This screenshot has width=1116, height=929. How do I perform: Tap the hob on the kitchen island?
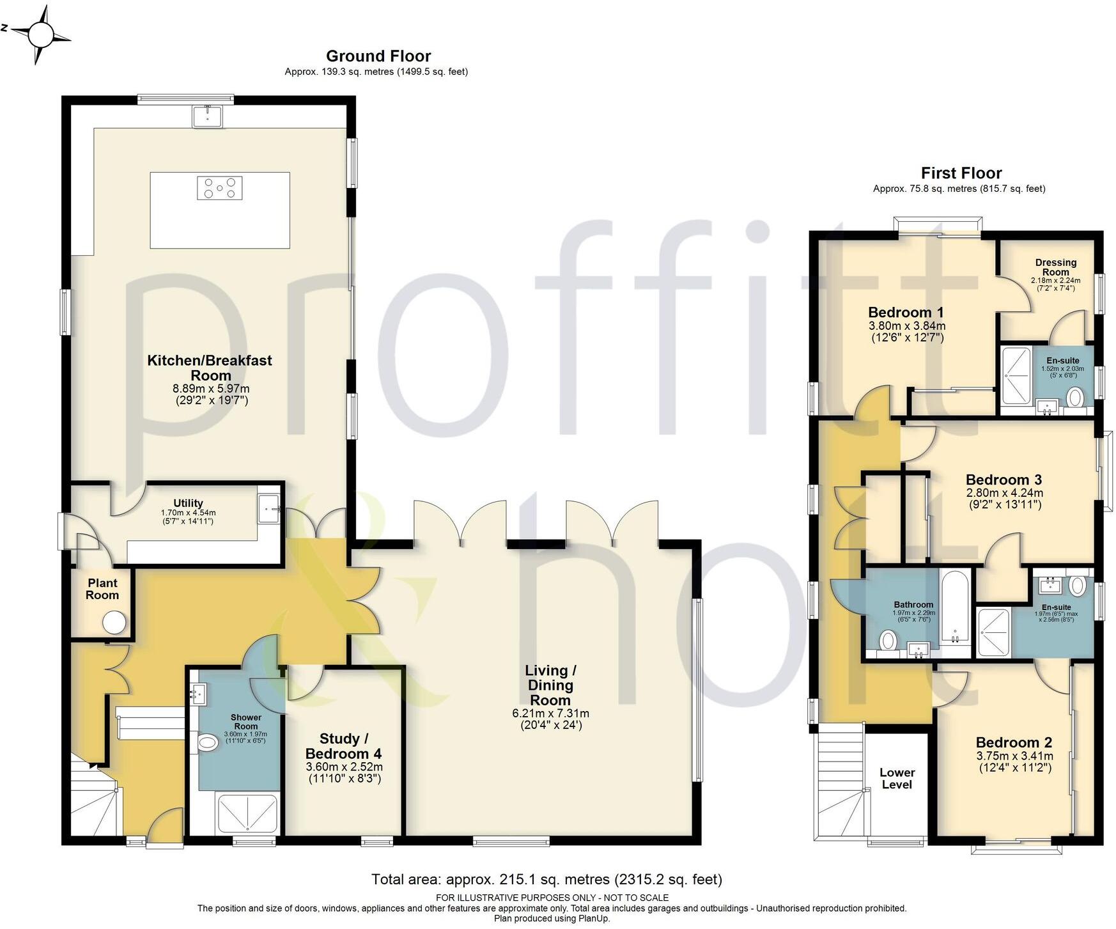click(219, 188)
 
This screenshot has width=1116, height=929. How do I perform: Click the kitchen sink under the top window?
click(207, 116)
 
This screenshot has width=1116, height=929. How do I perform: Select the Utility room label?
click(188, 503)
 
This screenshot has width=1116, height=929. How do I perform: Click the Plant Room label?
click(102, 589)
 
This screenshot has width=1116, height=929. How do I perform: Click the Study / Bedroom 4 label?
click(343, 746)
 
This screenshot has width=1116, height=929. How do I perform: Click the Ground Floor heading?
click(378, 56)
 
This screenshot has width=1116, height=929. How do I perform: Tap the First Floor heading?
click(961, 173)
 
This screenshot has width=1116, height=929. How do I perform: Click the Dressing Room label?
click(1055, 267)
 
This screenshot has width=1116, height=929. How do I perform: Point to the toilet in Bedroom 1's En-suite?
click(1074, 398)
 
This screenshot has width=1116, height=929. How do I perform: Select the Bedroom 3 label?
click(1004, 480)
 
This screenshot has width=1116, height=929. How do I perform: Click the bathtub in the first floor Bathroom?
click(955, 607)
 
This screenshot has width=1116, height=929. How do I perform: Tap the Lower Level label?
click(897, 778)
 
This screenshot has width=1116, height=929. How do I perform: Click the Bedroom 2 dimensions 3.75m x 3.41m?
click(1014, 756)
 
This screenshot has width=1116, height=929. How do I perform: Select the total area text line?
click(546, 880)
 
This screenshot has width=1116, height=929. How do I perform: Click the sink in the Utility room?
click(268, 508)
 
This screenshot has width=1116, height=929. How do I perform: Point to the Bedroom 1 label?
click(906, 313)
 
